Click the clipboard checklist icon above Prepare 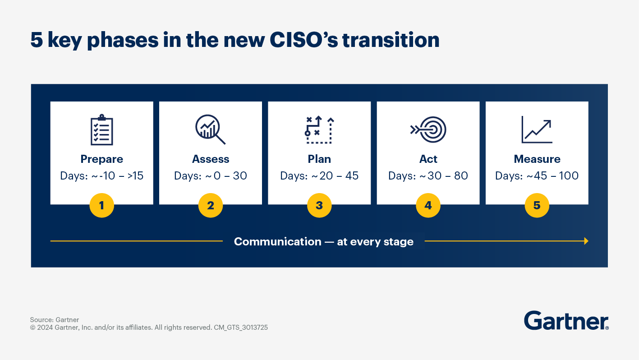click(x=101, y=130)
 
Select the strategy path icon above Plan click(x=319, y=130)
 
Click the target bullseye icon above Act click(x=428, y=130)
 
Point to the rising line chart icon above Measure click(x=537, y=129)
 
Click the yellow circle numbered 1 click(x=101, y=206)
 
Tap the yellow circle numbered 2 click(x=210, y=206)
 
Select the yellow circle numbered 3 click(x=319, y=206)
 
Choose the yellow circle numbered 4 click(x=428, y=206)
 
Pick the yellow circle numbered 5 click(x=537, y=206)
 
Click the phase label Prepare click(x=101, y=159)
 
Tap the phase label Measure click(x=537, y=159)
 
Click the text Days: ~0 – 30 click(x=210, y=176)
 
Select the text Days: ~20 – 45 click(x=319, y=176)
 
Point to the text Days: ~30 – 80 click(x=428, y=176)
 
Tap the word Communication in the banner click(x=277, y=242)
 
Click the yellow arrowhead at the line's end click(x=586, y=241)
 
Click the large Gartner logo click(x=566, y=321)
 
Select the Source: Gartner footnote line click(x=55, y=320)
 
